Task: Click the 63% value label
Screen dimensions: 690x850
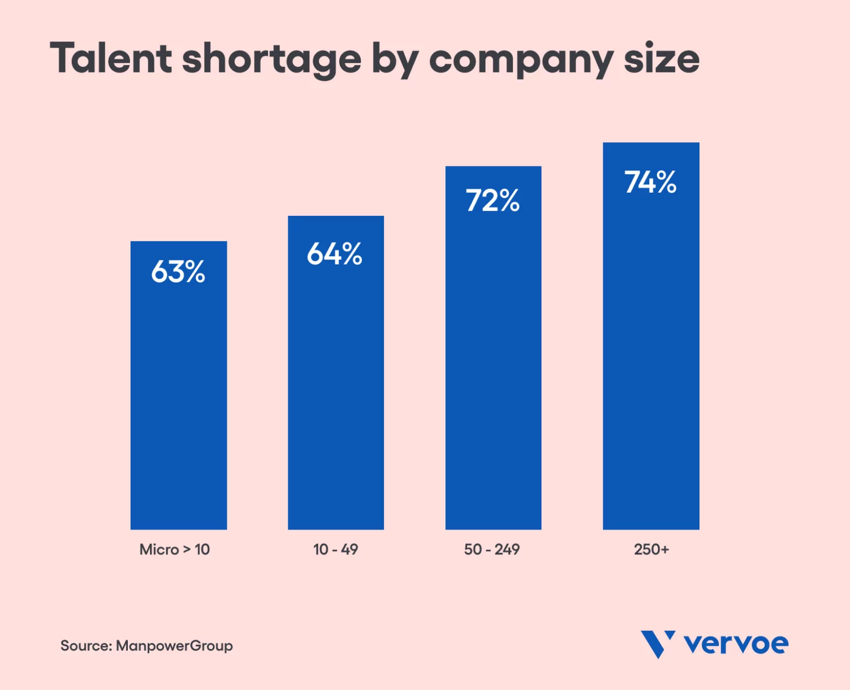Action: point(178,272)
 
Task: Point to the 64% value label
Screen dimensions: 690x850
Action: point(335,254)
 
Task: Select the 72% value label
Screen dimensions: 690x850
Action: point(493,200)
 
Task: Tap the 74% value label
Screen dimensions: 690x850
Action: point(650,182)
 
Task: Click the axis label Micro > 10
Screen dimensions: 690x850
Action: point(174,549)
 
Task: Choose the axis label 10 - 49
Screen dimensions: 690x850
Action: point(335,549)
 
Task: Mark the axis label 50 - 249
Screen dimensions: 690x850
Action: point(492,549)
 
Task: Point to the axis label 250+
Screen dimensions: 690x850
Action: point(651,549)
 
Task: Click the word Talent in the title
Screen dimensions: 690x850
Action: point(111,58)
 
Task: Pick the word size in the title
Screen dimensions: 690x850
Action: point(661,59)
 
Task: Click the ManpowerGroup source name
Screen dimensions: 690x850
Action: point(174,646)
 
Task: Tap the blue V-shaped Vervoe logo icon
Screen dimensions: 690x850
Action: point(657,644)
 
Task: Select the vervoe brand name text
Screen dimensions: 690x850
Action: point(736,644)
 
